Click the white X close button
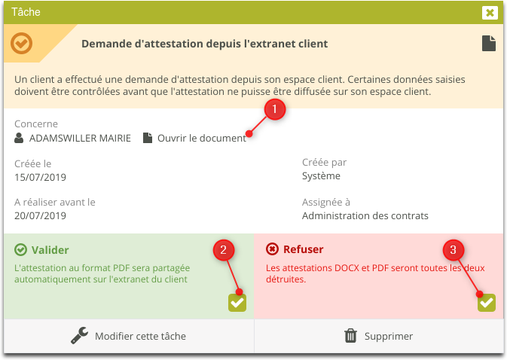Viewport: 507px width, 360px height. pyautogui.click(x=490, y=13)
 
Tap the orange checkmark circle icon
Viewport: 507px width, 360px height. pyautogui.click(x=21, y=43)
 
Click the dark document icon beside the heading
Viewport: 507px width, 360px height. pyautogui.click(x=489, y=43)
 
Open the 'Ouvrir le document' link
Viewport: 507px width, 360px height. pyautogui.click(x=202, y=139)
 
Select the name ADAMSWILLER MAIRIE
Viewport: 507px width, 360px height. pyautogui.click(x=80, y=139)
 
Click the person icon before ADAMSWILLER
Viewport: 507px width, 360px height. pyautogui.click(x=19, y=138)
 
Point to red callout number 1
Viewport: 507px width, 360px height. pyautogui.click(x=275, y=109)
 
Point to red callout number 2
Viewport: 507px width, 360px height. pyautogui.click(x=224, y=250)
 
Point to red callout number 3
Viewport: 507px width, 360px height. pyautogui.click(x=454, y=250)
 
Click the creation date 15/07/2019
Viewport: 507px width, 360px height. pyautogui.click(x=40, y=178)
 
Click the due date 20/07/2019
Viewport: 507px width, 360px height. pyautogui.click(x=40, y=216)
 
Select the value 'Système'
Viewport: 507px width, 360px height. pyautogui.click(x=321, y=176)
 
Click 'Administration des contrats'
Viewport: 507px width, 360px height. pyautogui.click(x=365, y=216)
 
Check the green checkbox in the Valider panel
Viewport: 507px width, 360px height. pyautogui.click(x=237, y=303)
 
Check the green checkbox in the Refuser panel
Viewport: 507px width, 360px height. pyautogui.click(x=487, y=303)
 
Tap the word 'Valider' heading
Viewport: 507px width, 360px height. pyautogui.click(x=50, y=250)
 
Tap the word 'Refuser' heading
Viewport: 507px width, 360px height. pyautogui.click(x=304, y=249)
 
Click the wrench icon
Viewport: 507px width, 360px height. pyautogui.click(x=80, y=335)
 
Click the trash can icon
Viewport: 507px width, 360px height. pyautogui.click(x=350, y=336)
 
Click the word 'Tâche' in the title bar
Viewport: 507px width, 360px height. pyautogui.click(x=26, y=12)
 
